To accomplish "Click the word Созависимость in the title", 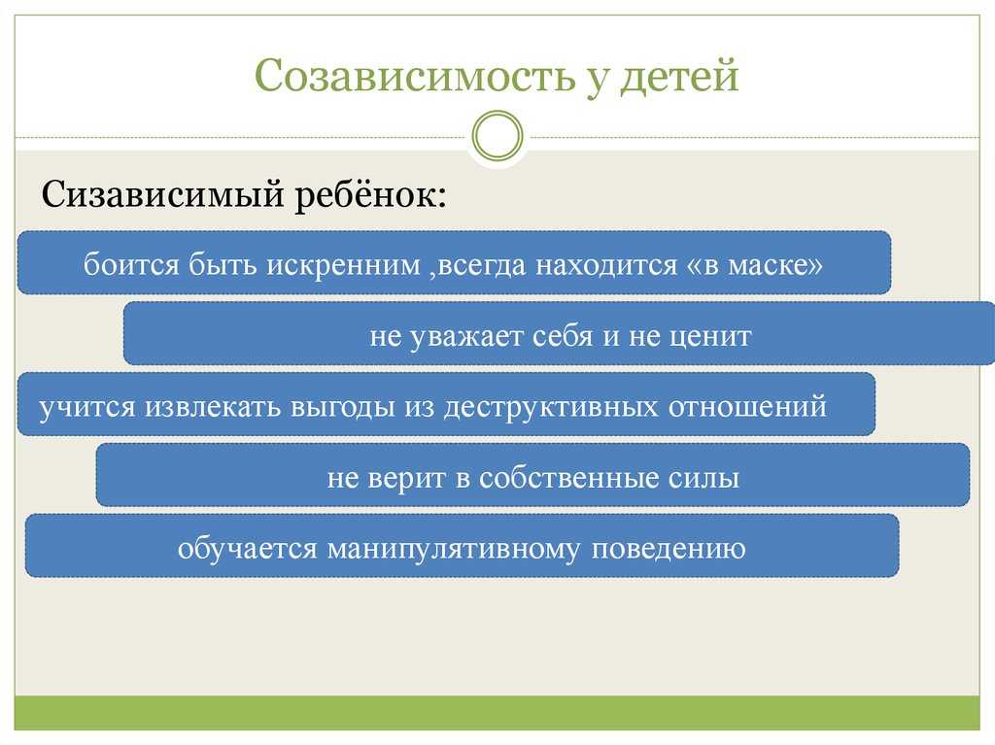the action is (414, 75).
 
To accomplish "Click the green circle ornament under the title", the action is (497, 136).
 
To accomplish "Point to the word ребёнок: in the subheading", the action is (371, 194).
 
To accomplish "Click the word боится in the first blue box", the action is (131, 264).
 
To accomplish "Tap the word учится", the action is (87, 407).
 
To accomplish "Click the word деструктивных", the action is (551, 407).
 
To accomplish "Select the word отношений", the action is (747, 407).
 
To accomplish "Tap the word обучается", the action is (247, 548).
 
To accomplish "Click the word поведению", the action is (669, 549).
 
